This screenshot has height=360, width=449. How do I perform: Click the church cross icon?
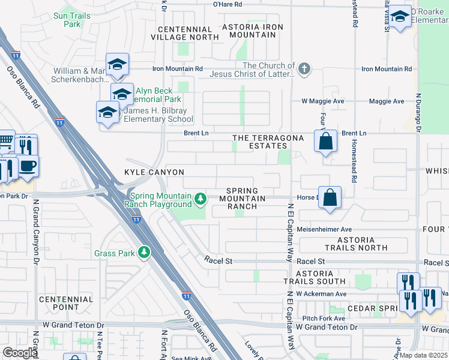pos(304,68)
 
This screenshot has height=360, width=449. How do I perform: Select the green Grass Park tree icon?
pos(143,253)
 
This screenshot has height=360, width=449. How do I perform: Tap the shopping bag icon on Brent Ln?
pos(325,142)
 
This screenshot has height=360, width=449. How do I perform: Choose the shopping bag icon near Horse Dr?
pos(330,197)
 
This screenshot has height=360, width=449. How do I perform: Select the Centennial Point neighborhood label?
pos(66,303)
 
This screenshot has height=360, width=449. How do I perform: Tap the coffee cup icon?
pos(28,165)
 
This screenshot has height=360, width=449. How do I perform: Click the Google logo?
pos(20,353)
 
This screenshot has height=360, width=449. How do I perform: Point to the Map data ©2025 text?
pos(424,355)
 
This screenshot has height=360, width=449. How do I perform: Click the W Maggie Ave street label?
pos(322,101)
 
